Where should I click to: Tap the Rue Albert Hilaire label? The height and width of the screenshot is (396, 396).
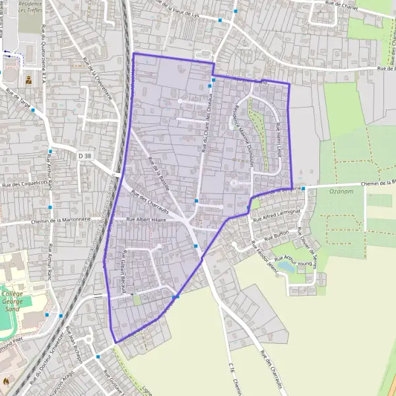(x=146, y=219)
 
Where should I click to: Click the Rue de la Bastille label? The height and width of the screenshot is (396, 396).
(x=160, y=173)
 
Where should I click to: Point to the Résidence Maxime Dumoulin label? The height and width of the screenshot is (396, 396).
(x=242, y=129)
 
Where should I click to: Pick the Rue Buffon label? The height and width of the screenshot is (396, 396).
(x=277, y=236)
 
